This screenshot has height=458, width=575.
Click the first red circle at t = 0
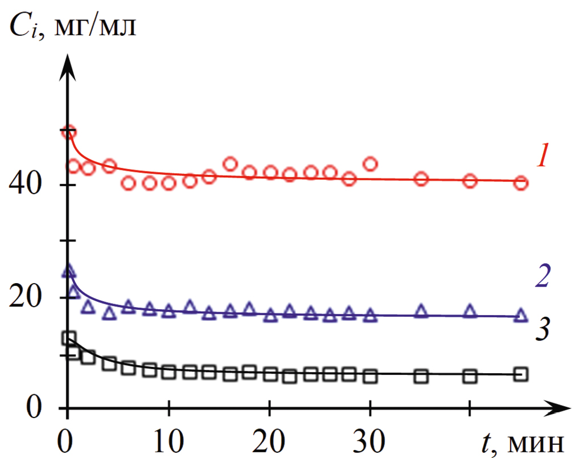[x=68, y=133]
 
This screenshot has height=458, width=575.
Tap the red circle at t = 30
[x=370, y=164]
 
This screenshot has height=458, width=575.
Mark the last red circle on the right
[x=520, y=183]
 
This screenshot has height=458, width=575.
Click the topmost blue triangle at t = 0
[x=68, y=271]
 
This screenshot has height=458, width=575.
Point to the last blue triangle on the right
[x=520, y=316]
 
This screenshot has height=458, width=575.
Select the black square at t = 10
[x=169, y=372]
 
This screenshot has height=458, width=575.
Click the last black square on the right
[x=520, y=374]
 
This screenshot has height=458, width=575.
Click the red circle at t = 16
[x=230, y=164]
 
